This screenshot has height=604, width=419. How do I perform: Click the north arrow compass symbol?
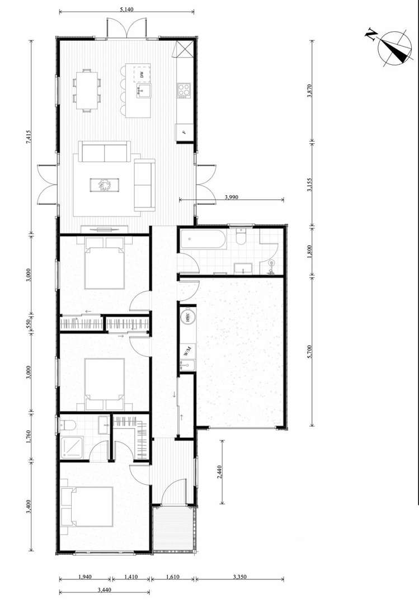coord(394,46)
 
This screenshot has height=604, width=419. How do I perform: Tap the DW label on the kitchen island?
coord(142,74)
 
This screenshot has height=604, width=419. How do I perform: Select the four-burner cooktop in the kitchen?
coord(184,89)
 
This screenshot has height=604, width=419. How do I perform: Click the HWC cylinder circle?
coord(187,317)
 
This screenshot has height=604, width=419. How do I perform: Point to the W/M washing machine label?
coord(187,351)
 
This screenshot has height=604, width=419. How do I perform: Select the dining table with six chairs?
coord(87,90)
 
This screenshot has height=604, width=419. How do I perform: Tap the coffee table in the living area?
coord(104,185)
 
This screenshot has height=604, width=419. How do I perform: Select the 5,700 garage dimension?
coord(309,353)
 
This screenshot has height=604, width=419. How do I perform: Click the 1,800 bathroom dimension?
coord(309,251)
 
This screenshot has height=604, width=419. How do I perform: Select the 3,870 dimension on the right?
coord(309,91)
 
